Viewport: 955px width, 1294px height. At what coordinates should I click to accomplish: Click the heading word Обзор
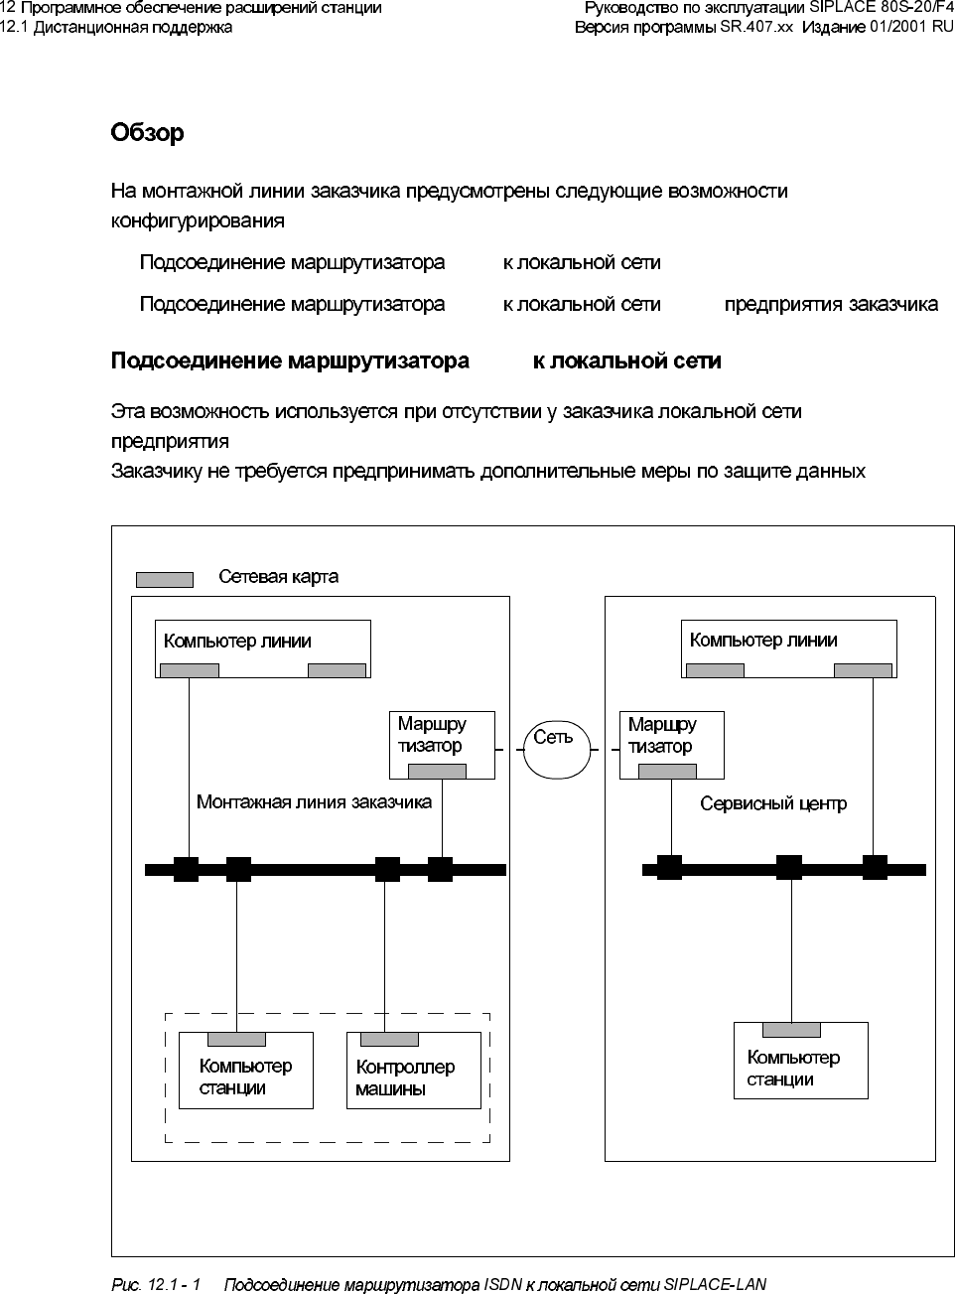[147, 133]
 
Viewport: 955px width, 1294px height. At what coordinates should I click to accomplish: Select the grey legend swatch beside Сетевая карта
[164, 579]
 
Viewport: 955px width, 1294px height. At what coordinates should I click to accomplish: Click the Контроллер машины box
[413, 1071]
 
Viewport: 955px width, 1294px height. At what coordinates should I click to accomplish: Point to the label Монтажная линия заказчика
[314, 801]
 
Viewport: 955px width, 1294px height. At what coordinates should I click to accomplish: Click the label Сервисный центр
[773, 803]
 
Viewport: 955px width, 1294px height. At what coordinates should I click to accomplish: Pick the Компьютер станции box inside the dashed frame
[245, 1071]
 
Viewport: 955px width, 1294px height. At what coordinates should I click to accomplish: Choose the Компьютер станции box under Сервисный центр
[800, 1061]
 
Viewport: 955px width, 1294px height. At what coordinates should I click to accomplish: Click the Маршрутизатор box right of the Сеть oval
[672, 745]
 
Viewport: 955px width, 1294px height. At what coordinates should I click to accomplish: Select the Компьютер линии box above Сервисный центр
[788, 648]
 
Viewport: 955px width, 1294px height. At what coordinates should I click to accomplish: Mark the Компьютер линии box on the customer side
[262, 648]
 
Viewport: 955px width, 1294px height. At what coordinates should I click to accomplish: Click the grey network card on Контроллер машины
[389, 1040]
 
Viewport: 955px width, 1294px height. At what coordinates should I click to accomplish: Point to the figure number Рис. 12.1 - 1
[156, 1285]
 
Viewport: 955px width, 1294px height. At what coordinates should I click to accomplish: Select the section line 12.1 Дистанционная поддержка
[116, 27]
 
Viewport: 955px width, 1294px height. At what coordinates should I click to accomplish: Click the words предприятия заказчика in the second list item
[831, 304]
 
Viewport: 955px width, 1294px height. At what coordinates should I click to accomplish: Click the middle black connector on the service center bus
[789, 868]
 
